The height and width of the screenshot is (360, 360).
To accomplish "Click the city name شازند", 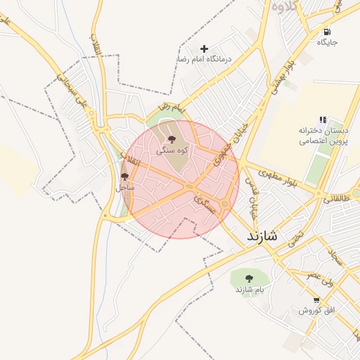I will pos(262,237).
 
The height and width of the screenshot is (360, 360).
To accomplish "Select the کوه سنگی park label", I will pos(172,150).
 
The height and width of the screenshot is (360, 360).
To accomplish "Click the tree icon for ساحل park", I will pos(125,176).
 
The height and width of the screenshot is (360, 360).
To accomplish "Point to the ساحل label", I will pos(124,188).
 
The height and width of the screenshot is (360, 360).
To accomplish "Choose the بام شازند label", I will pos(249,290).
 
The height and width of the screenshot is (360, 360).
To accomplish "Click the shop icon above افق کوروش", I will pos(317,300).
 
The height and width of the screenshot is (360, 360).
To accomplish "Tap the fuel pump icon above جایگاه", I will pos(327,32).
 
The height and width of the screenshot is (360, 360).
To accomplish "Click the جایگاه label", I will pos(327,42).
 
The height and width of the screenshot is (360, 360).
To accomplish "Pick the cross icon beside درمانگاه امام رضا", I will pos(205,49).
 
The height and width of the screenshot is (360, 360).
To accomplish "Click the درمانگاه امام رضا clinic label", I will pos(223,59).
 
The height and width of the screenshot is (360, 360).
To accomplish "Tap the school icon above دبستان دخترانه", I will pos(323,120).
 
